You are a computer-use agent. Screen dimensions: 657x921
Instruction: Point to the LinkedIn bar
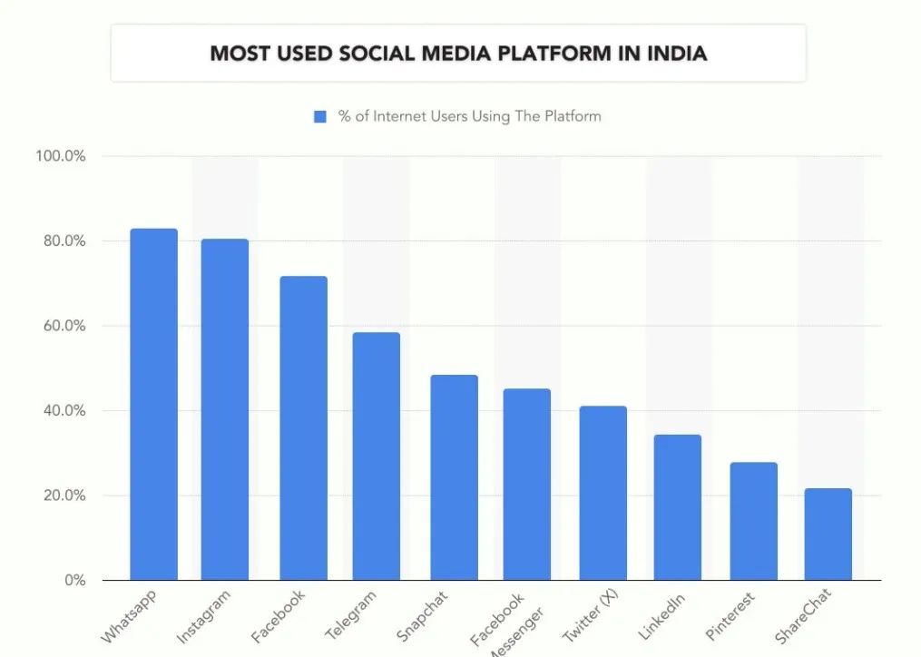pyautogui.click(x=678, y=507)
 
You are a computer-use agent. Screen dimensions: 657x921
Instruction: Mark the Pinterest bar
pyautogui.click(x=753, y=521)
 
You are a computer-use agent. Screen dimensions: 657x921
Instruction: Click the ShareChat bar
pyautogui.click(x=828, y=534)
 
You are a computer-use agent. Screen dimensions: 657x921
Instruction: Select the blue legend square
pyautogui.click(x=320, y=117)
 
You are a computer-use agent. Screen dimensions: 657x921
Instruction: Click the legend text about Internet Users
pyautogui.click(x=469, y=116)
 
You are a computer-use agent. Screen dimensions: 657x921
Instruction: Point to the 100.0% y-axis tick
pyautogui.click(x=61, y=156)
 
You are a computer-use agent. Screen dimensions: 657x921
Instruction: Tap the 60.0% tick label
pyautogui.click(x=61, y=326)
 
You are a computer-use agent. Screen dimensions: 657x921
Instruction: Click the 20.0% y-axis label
pyautogui.click(x=61, y=495)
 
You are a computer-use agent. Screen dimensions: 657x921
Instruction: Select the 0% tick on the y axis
pyautogui.click(x=74, y=580)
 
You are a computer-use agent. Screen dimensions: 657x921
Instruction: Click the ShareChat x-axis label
pyautogui.click(x=803, y=618)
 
